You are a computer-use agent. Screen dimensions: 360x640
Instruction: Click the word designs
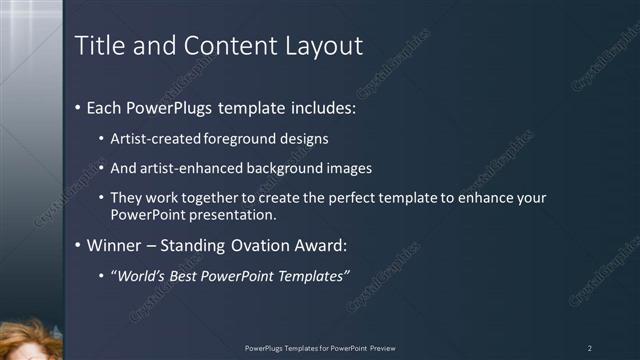point(305,139)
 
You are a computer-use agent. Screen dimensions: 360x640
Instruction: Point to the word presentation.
point(235,214)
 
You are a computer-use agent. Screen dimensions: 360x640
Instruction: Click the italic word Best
point(192,276)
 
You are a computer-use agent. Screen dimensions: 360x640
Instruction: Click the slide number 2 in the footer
point(590,348)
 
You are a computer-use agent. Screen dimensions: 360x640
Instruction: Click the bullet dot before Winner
point(79,245)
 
